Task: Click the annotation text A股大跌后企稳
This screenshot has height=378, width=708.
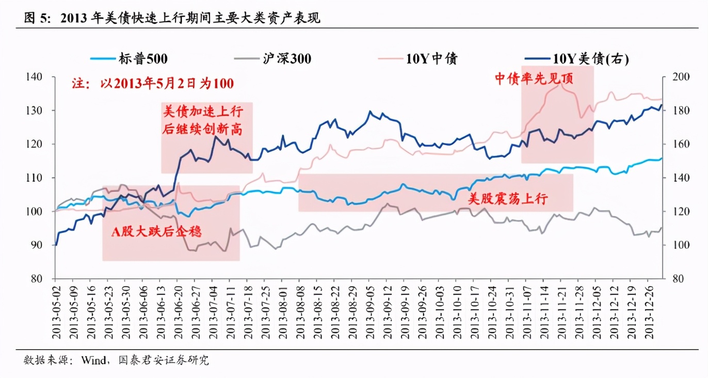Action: point(157,232)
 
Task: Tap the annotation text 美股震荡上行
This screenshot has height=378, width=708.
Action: point(507,198)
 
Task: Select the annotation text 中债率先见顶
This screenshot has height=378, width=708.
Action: point(534,78)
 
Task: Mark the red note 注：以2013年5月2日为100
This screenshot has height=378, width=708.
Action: point(153,83)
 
